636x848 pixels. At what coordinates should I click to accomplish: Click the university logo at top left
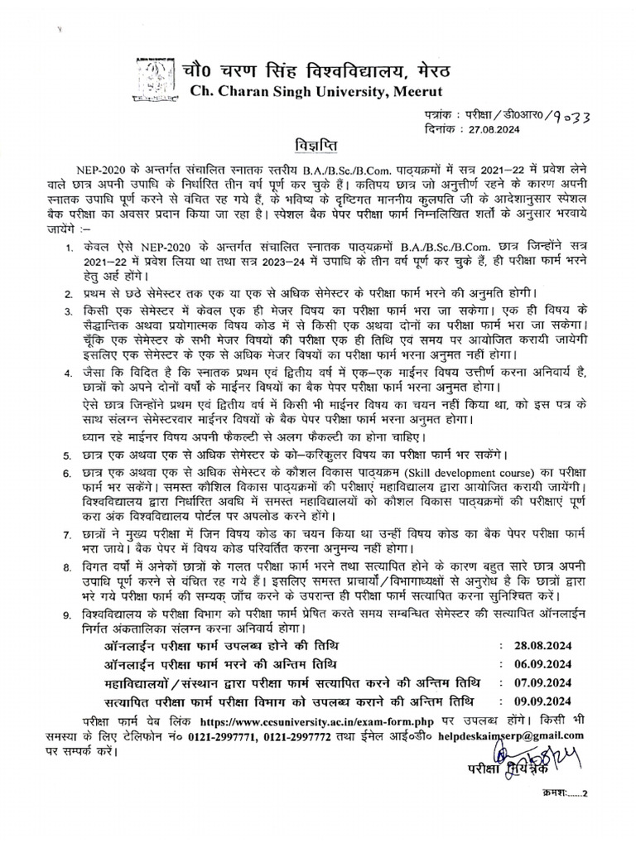click(156, 77)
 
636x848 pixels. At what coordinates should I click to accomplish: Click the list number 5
click(68, 455)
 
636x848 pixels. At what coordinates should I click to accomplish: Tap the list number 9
click(68, 616)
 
